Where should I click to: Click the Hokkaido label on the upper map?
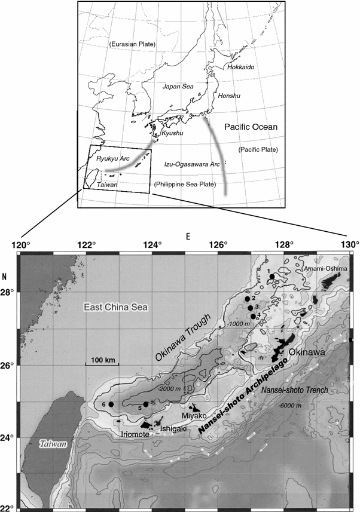click(242, 68)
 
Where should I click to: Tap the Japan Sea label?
click(178, 87)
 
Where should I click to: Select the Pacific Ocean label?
click(252, 127)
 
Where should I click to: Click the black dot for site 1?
click(272, 277)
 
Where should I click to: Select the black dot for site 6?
click(111, 404)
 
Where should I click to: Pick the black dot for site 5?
click(147, 404)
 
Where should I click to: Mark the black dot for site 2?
click(248, 299)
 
